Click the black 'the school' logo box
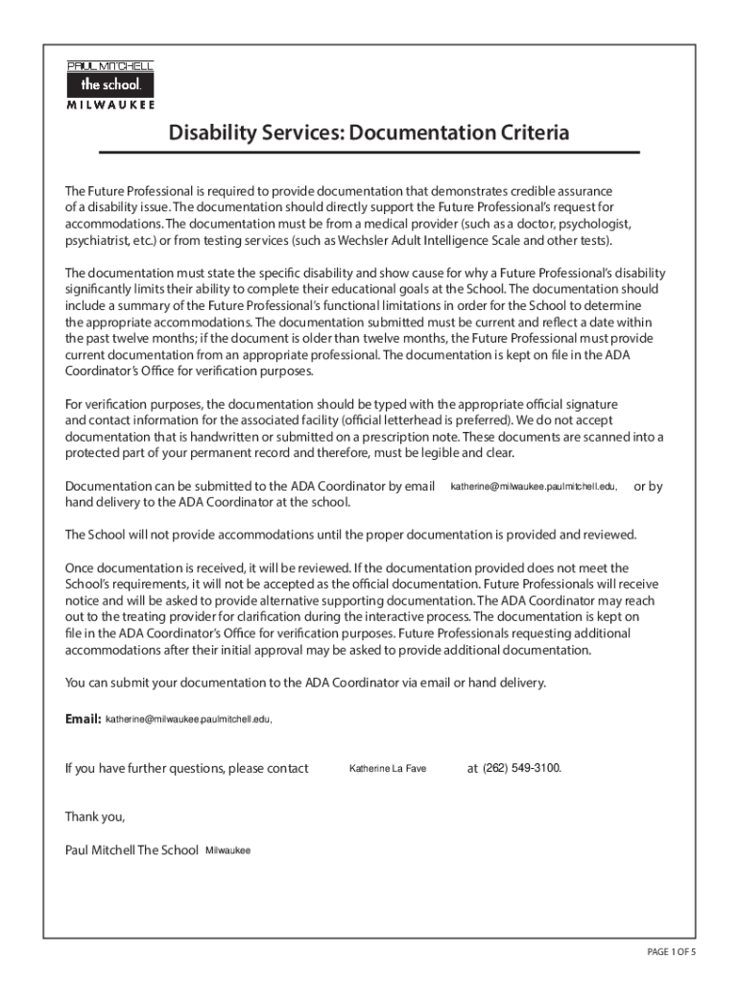pos(110,84)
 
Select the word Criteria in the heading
pos(524,132)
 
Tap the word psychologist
pos(593,223)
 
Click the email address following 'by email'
pos(534,488)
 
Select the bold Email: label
pos(83,718)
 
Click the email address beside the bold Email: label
pos(188,719)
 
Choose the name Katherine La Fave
pos(387,769)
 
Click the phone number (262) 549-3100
pos(522,768)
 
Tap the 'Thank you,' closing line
pos(95,817)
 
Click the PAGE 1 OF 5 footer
pos(671,951)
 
